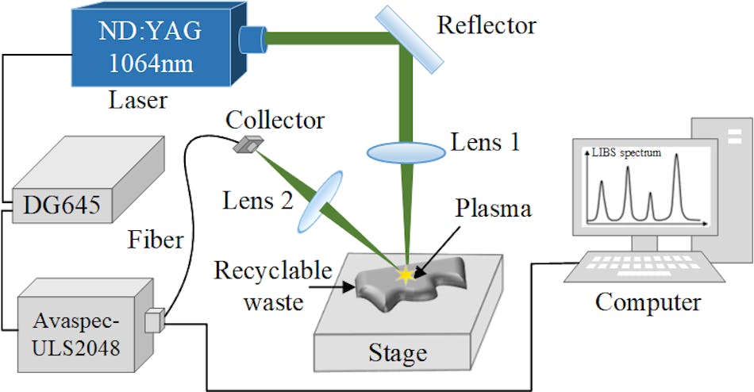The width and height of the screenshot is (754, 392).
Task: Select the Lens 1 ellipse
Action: click(x=405, y=151)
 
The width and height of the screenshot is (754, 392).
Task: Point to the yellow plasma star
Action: click(x=406, y=275)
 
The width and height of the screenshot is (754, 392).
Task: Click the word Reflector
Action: click(x=487, y=25)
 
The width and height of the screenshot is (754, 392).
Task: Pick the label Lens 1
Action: click(x=485, y=143)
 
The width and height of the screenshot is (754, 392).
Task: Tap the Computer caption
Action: click(x=648, y=302)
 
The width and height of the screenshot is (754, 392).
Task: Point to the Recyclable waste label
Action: click(x=272, y=283)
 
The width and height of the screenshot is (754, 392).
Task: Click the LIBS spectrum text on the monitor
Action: click(x=626, y=151)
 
